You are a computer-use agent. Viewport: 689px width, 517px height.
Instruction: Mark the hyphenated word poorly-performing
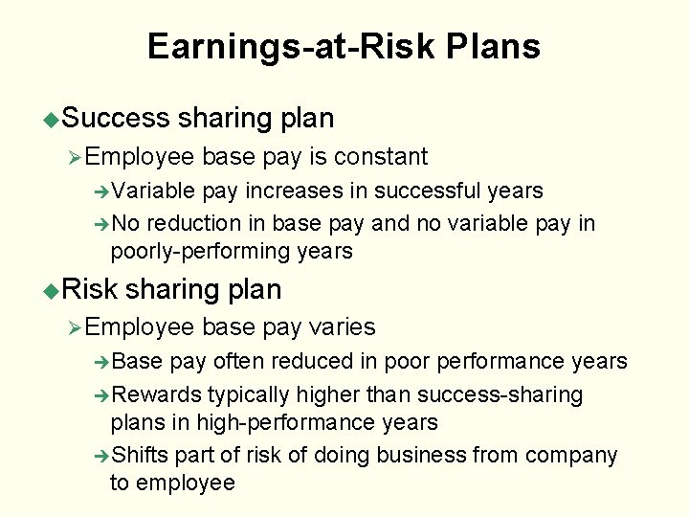(200, 252)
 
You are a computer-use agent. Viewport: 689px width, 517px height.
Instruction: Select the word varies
(343, 327)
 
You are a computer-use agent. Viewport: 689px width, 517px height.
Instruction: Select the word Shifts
(140, 455)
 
